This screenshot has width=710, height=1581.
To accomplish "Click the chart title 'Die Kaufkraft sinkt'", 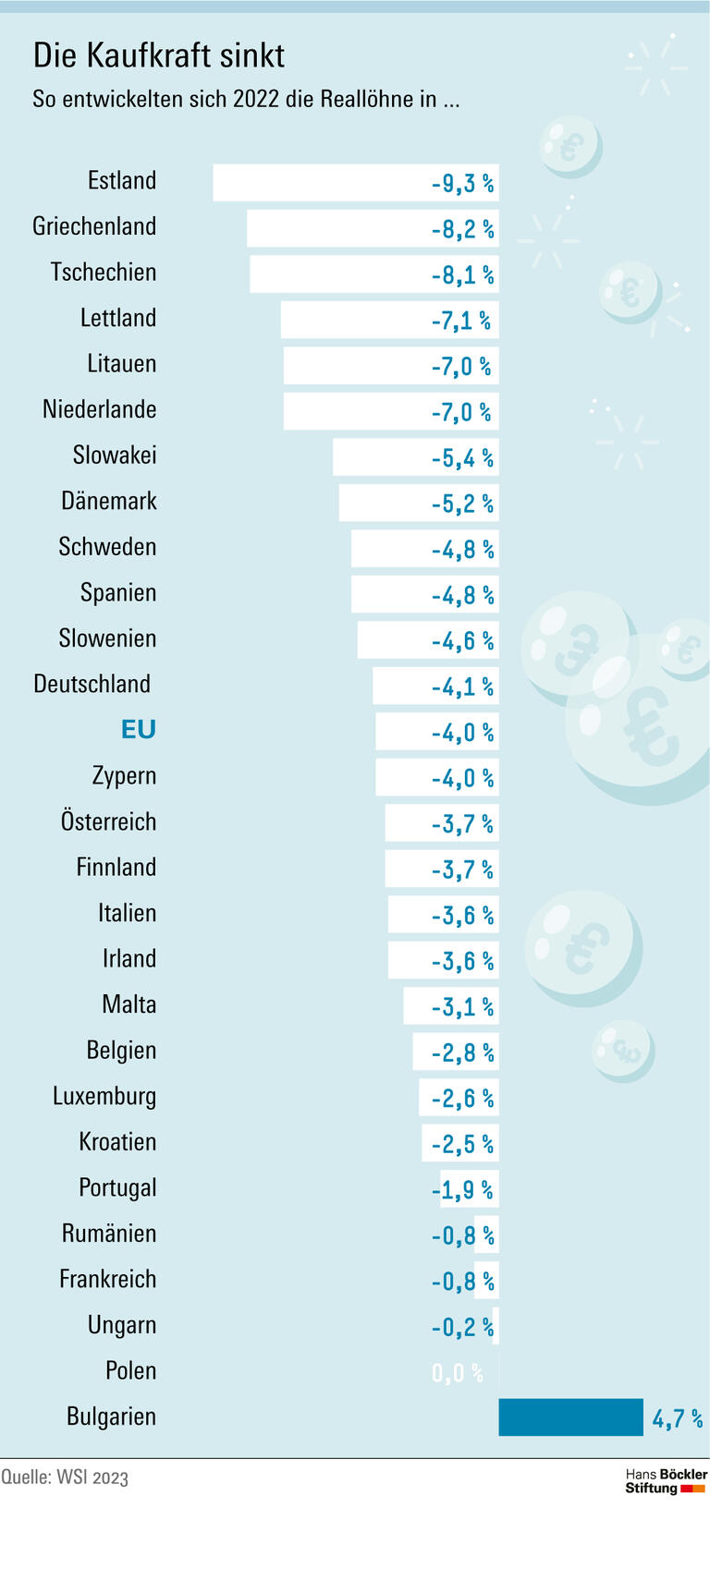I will point(158,55).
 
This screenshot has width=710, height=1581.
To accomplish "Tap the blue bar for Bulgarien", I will point(569,1417).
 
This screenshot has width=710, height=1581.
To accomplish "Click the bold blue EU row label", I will point(138,730).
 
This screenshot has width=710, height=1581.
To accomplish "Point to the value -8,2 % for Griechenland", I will point(462,229).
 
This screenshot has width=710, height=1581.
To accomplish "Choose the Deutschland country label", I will point(92,684).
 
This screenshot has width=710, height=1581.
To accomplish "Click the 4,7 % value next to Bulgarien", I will point(677,1418).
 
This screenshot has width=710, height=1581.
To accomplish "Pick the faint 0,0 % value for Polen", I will point(457,1372).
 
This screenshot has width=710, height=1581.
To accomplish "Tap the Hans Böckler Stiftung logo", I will point(666,1481).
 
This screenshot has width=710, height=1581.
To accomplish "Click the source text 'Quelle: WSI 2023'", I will point(65,1477).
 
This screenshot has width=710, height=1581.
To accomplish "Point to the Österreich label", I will point(108,821).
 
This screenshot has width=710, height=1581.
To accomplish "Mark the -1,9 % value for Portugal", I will point(462,1190).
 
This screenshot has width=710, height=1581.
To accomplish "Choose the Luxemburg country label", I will point(104,1096).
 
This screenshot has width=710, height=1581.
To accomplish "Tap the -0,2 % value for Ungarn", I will point(462,1327).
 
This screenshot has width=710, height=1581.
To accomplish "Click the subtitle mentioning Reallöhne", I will point(246,99).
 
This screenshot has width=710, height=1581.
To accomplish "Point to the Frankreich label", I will point(107,1279).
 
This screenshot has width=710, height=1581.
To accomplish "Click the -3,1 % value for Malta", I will point(462,1007).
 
